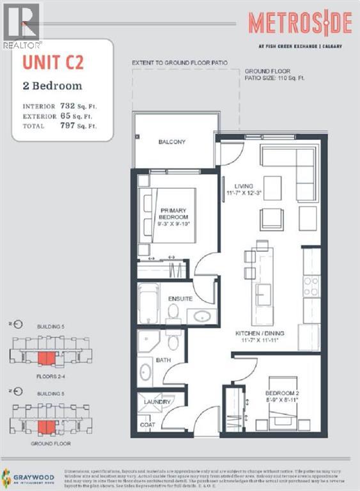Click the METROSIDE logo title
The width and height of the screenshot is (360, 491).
[300, 24]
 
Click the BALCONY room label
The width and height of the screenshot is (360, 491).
[172, 142]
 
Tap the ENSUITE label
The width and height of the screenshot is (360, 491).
[180, 299]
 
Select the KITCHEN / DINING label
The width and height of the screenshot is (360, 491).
[259, 334]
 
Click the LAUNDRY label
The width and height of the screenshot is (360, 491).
[157, 402]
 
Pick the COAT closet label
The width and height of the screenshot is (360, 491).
[147, 424]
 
